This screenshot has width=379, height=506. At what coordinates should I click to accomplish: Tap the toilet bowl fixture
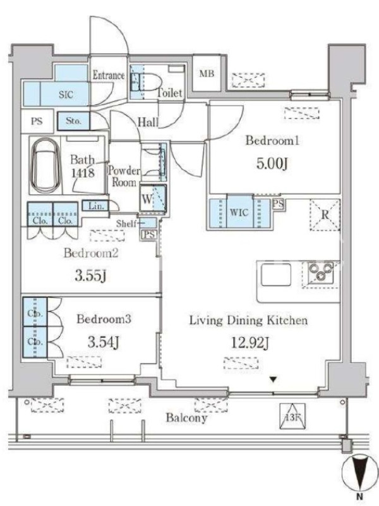click(146, 82)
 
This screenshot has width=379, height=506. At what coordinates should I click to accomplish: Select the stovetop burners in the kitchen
click(321, 272)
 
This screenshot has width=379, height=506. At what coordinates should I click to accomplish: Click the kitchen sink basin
click(276, 275)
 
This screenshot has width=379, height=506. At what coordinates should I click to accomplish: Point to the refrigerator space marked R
click(325, 215)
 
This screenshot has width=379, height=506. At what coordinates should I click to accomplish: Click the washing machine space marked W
click(153, 199)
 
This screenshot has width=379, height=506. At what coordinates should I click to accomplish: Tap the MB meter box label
click(207, 73)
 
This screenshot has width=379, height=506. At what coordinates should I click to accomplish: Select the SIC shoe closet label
click(66, 94)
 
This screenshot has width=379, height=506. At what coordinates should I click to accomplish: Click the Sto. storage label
click(73, 121)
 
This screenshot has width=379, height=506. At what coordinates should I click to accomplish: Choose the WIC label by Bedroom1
click(239, 213)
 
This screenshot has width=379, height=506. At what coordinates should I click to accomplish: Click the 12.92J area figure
click(250, 343)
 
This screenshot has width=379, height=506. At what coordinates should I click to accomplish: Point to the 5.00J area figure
click(272, 164)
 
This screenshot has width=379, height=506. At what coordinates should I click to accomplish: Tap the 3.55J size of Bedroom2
click(90, 276)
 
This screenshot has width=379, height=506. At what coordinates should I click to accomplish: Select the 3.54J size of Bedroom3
click(104, 342)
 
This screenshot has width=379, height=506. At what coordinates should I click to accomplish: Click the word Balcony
click(186, 418)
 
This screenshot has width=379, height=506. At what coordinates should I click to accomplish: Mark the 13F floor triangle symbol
click(292, 417)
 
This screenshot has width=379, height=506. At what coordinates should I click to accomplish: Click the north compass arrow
click(359, 471)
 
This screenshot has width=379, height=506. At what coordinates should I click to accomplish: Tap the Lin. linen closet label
click(96, 206)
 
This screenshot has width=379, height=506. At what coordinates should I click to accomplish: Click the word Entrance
click(109, 75)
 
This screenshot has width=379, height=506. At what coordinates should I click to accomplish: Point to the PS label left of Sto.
click(37, 121)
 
